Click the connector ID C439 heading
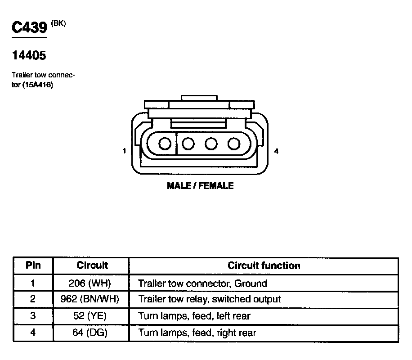29,27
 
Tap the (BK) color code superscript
58,24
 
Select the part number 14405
29,56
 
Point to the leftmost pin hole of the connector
165,144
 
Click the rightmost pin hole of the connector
233,144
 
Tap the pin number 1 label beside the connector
125,152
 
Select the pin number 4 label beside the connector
276,152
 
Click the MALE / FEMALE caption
200,185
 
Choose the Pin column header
33,265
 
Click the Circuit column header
92,265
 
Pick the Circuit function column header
264,265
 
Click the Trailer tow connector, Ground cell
202,283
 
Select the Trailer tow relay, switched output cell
210,299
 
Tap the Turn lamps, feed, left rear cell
194,316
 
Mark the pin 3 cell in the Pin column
33,316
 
